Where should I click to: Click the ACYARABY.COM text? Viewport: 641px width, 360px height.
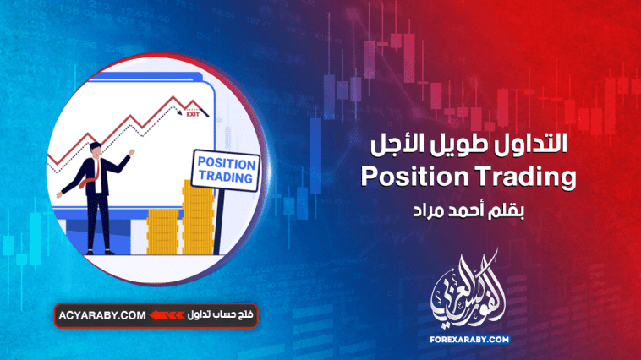(x=101, y=316)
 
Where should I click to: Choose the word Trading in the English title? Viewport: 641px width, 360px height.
(x=525, y=177)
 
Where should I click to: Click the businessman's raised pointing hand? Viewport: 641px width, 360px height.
(x=129, y=154)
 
